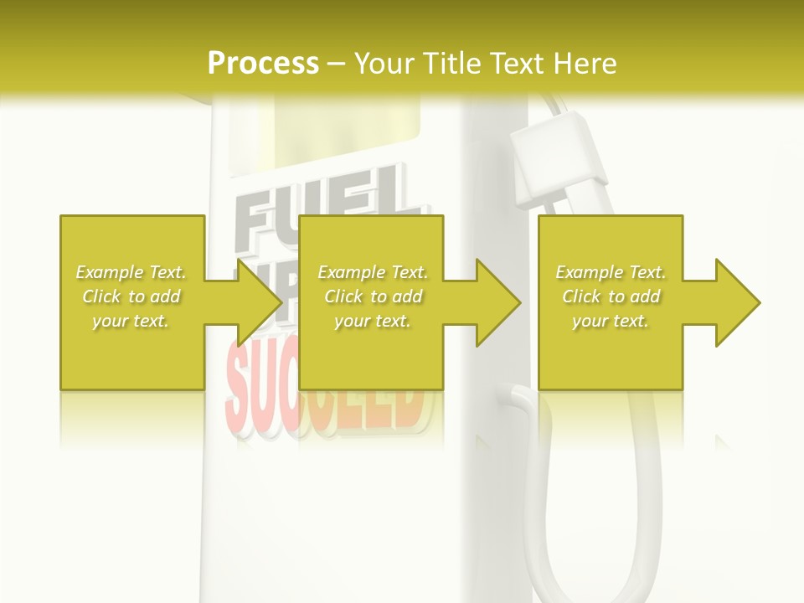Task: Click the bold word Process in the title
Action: click(x=263, y=63)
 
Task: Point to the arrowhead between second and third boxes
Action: click(x=497, y=302)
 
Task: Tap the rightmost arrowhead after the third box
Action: click(x=737, y=302)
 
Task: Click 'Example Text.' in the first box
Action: click(x=131, y=272)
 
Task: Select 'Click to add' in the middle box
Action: click(x=373, y=296)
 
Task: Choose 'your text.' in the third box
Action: click(x=611, y=321)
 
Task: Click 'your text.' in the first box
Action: click(x=131, y=321)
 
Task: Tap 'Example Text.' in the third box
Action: click(x=611, y=272)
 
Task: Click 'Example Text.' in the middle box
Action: click(x=373, y=272)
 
